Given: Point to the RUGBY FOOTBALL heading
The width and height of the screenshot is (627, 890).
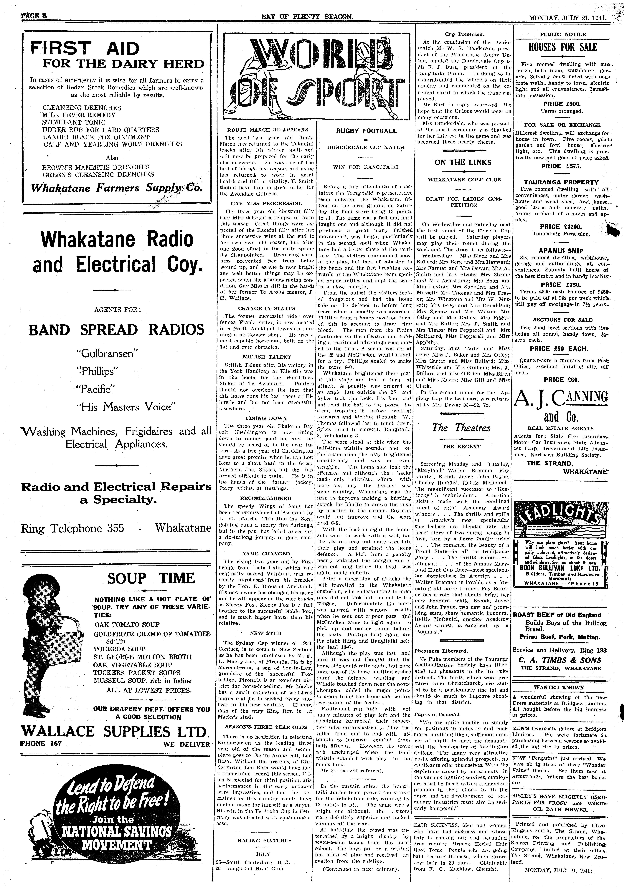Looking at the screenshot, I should tap(366, 131).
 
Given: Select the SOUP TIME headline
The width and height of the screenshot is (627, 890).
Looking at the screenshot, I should tap(151, 578).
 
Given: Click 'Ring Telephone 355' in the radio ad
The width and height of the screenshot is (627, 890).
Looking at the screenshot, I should tap(72, 528).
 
